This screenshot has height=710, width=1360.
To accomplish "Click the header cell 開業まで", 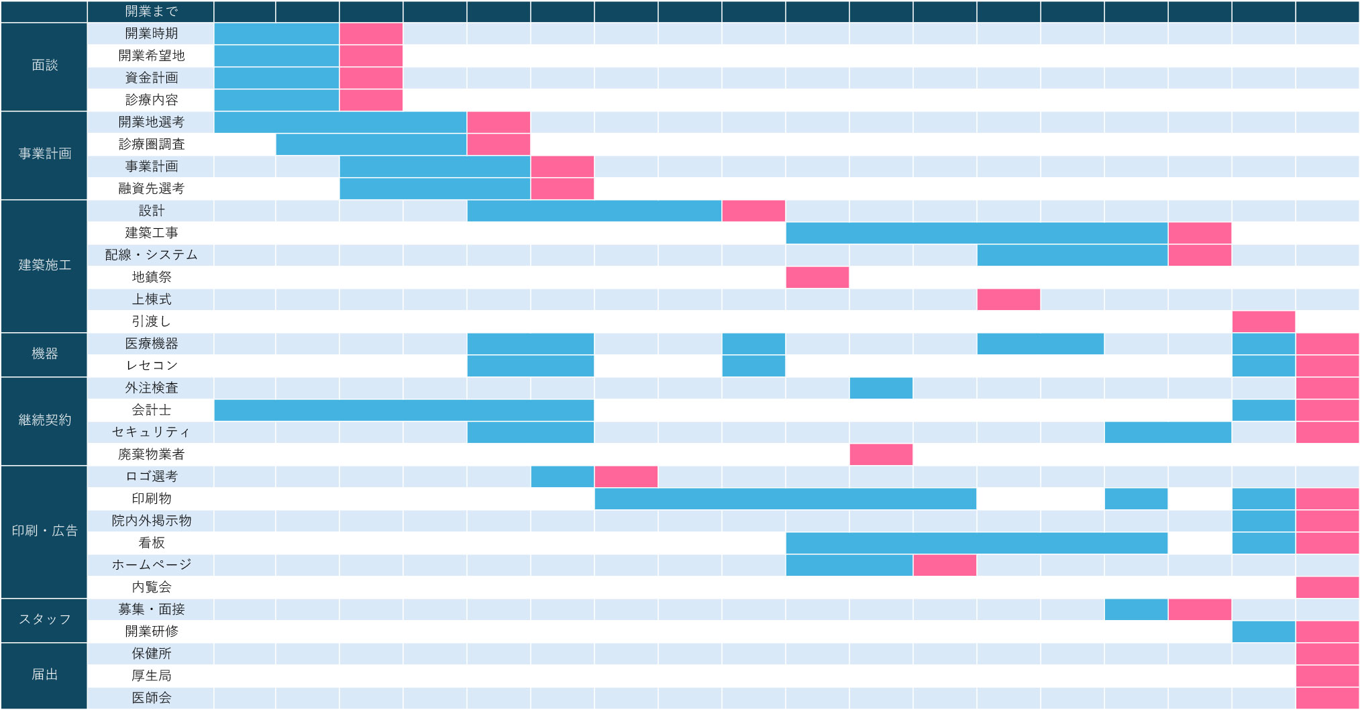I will tap(151, 11).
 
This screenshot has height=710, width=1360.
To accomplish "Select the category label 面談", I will tap(44, 65).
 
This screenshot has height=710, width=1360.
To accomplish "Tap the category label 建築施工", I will tap(44, 265).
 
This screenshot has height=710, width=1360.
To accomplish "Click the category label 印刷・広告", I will tap(44, 531).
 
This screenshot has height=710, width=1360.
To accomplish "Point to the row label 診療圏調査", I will tap(151, 144).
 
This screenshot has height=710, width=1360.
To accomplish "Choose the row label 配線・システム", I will tap(151, 255).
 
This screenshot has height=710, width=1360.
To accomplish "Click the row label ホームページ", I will tap(151, 565).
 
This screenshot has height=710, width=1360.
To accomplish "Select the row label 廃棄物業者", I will tap(151, 454).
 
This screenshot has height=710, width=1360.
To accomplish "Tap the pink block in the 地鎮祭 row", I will tap(817, 277).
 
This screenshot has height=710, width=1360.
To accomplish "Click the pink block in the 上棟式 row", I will tap(1008, 299).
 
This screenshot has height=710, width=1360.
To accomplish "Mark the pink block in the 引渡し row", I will tap(1263, 321).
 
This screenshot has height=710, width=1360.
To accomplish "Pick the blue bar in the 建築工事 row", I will tap(976, 233).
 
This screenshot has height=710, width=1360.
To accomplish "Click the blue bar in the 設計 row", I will tap(594, 211).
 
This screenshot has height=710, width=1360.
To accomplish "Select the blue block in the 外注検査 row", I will tap(881, 388).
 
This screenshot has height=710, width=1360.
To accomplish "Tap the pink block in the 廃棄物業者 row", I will tap(881, 454).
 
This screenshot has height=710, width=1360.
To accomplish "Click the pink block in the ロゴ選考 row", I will tap(626, 476).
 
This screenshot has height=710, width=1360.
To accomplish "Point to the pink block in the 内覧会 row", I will tap(1327, 587).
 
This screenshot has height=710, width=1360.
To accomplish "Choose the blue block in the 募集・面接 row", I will tap(1136, 609).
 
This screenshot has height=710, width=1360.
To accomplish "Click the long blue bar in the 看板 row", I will tap(976, 543).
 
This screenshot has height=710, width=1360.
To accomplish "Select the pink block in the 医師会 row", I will tap(1327, 698).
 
